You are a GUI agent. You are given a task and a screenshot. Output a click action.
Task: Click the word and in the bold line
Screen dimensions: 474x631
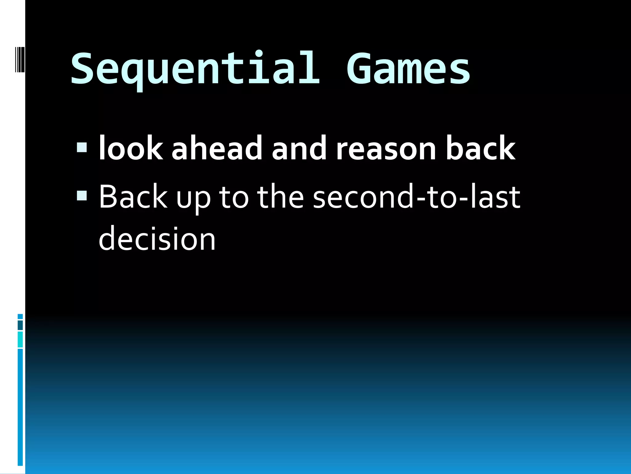coord(299,149)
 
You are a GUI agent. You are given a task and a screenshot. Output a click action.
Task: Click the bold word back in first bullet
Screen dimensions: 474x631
coord(480,149)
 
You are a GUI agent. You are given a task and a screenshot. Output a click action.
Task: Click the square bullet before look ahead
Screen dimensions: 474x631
coord(82,148)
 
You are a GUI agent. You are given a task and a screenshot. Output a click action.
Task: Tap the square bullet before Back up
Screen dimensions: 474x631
coord(82,195)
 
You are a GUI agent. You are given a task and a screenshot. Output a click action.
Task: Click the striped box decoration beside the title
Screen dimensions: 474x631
coord(20,59)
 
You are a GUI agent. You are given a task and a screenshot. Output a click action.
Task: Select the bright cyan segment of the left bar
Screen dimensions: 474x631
coord(20,339)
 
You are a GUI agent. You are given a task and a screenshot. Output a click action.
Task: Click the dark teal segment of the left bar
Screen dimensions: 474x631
coord(20,325)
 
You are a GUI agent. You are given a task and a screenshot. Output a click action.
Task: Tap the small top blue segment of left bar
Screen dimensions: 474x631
coord(20,316)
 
